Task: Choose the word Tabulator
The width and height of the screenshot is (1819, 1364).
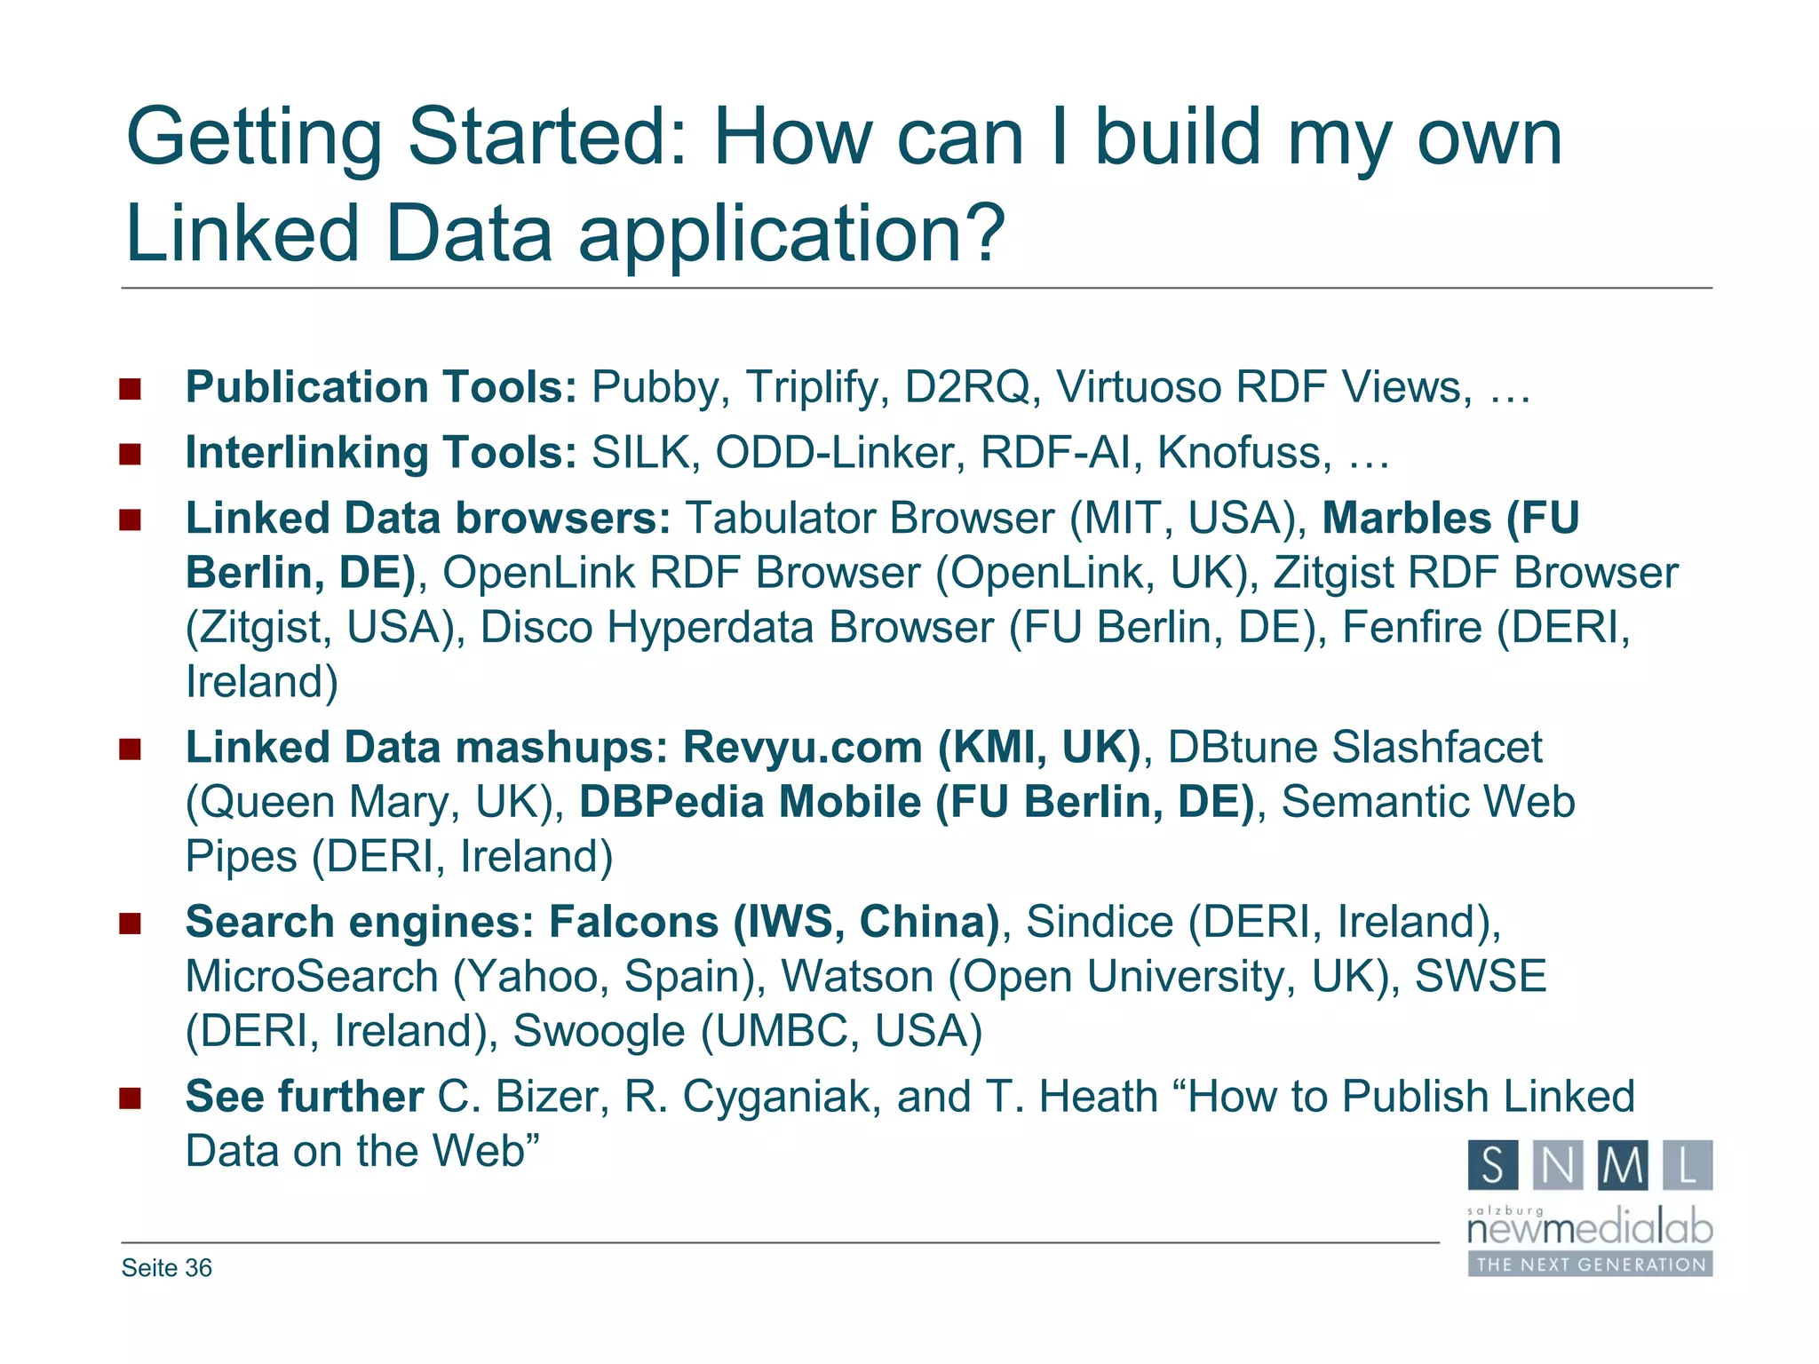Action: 780,519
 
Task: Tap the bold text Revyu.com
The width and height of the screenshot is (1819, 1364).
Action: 802,748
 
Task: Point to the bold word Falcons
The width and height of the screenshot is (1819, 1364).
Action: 633,922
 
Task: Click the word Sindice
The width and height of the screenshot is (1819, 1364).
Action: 1100,922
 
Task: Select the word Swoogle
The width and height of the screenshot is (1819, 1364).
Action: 599,1032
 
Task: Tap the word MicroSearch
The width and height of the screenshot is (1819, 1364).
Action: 312,977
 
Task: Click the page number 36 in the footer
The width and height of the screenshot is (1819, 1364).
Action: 199,1268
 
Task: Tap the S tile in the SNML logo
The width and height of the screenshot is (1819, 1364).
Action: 1493,1165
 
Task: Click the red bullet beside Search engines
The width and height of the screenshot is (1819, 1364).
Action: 131,924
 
